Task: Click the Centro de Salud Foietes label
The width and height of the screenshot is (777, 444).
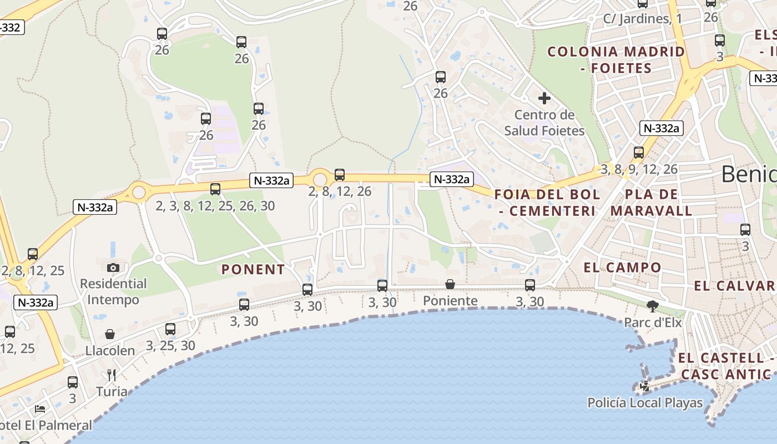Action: tap(544, 123)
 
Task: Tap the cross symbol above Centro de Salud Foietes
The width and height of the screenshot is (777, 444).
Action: tap(544, 98)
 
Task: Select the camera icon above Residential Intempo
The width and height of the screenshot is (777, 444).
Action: tap(113, 268)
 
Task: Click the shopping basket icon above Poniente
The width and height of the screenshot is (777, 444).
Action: tap(450, 284)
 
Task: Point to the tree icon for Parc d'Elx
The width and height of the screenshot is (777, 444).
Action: tap(653, 305)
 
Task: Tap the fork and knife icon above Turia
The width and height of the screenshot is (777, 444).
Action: tap(112, 375)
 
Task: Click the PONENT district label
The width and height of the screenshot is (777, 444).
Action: tap(253, 270)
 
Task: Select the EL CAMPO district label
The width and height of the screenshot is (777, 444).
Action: tap(622, 268)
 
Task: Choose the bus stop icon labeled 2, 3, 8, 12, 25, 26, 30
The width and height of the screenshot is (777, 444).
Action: tap(215, 189)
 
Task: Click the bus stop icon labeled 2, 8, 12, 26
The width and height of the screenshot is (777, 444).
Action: tap(340, 175)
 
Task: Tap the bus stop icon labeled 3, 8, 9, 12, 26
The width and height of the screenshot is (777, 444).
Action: tap(639, 153)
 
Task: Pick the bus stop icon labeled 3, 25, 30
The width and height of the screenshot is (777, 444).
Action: tap(170, 329)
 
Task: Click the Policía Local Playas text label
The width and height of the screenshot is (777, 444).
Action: tap(645, 403)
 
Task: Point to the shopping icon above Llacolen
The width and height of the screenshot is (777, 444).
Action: tap(110, 334)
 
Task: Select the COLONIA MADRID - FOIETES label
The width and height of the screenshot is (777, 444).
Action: tap(616, 60)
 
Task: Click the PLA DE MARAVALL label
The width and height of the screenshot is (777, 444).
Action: tap(652, 203)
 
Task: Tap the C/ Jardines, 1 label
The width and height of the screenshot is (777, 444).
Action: tap(642, 19)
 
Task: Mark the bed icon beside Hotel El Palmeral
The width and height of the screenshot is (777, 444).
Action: tap(40, 409)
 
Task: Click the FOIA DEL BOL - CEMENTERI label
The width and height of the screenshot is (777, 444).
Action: tap(547, 203)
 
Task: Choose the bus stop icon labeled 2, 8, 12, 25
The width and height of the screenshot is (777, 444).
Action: tap(33, 254)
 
